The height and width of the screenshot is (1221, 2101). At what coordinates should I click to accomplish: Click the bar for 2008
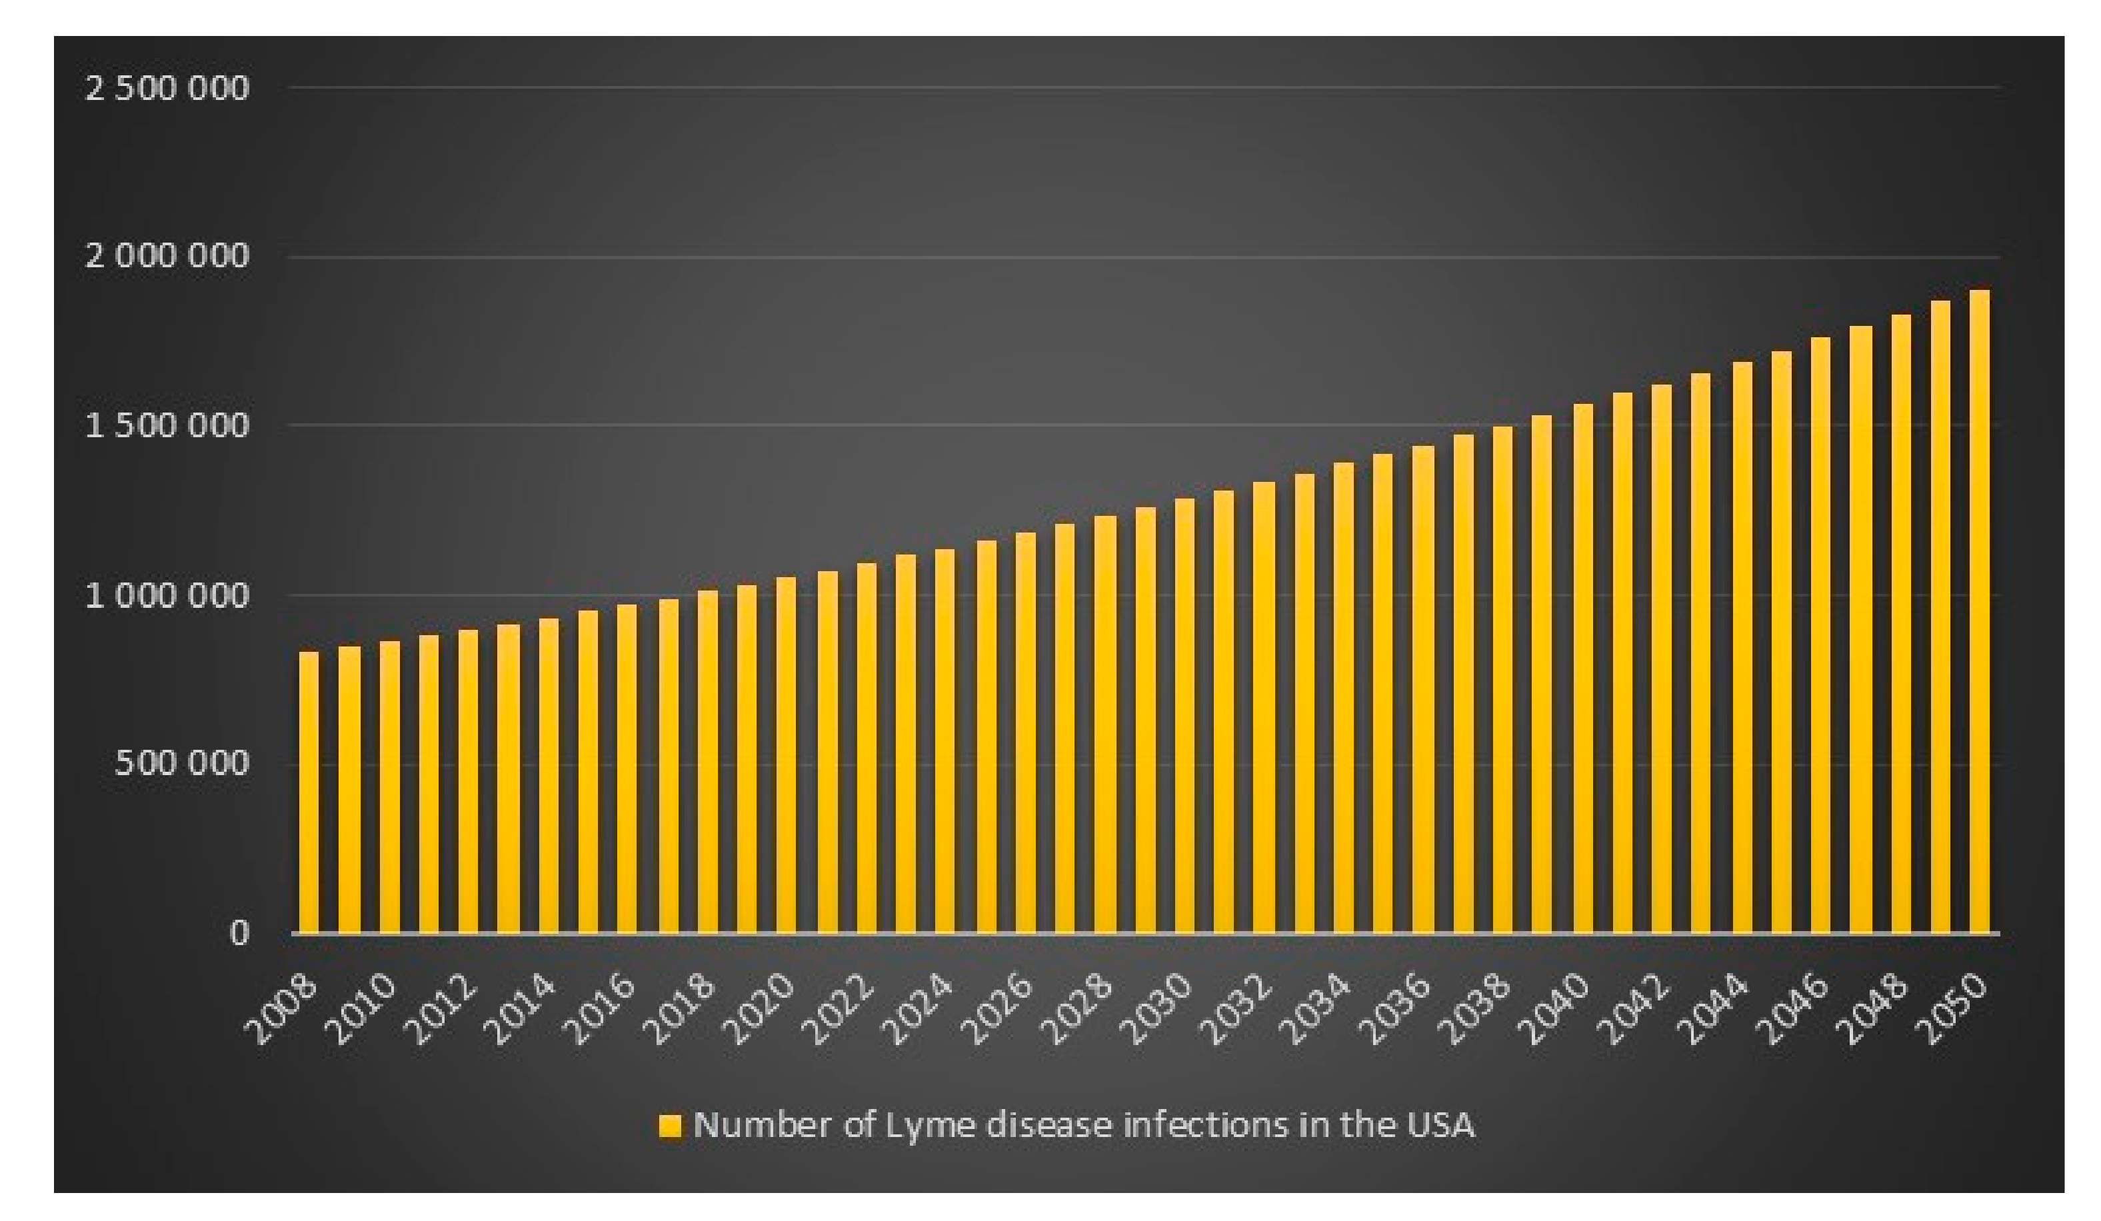pos(309,792)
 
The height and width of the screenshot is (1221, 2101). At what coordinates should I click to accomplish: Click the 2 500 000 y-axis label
pos(167,89)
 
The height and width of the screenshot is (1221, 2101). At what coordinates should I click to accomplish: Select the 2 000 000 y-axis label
pos(167,257)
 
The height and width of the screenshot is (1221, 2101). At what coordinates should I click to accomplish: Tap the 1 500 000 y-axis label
pos(167,426)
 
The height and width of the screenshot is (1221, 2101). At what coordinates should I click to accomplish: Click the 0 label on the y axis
pos(239,934)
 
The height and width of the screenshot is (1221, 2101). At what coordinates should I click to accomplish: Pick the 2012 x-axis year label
pos(441,1010)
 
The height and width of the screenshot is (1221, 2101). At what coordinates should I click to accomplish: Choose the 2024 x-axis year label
pos(917,1010)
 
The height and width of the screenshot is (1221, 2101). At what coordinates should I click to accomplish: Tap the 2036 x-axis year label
pos(1394,1010)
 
